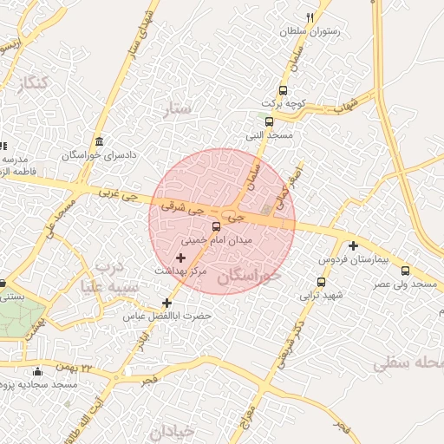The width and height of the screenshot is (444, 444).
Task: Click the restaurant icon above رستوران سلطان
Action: (x=310, y=17)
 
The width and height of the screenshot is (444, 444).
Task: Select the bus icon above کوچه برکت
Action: (x=283, y=91)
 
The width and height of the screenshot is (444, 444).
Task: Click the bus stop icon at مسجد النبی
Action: (x=269, y=122)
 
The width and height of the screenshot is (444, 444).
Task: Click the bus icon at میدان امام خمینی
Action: (x=216, y=226)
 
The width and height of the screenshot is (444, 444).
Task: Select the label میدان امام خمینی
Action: (x=216, y=238)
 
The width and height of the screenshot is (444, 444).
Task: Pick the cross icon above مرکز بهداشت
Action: (x=180, y=258)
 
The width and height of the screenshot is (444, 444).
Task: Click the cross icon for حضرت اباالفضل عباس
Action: (x=167, y=303)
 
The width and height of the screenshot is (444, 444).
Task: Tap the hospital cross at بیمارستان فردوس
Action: (x=353, y=245)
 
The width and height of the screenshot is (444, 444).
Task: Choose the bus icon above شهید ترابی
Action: (x=321, y=282)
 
